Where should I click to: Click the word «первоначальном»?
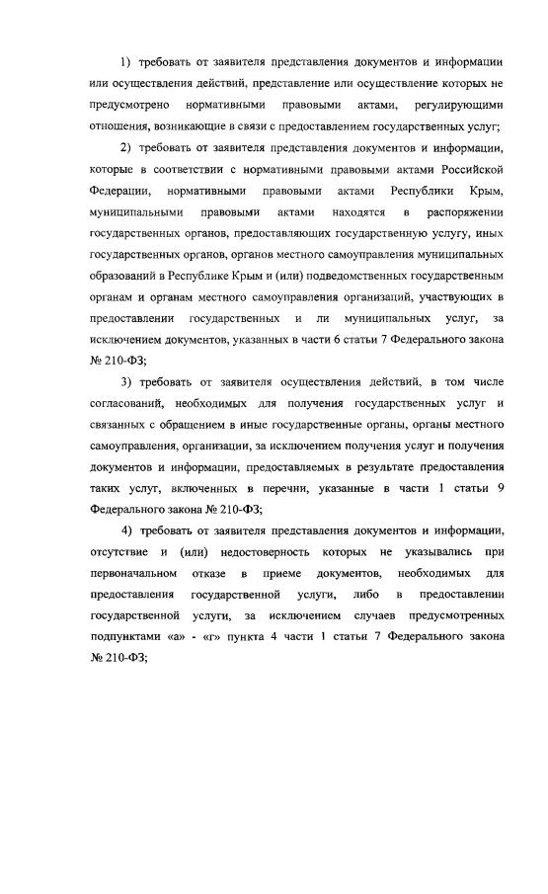pos(133,575)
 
